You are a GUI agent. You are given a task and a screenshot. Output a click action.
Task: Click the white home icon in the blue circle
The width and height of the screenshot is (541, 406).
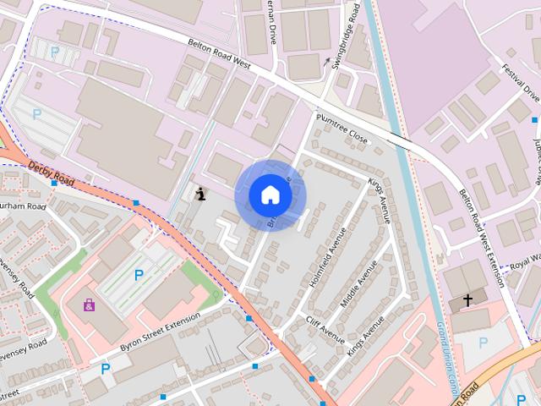270,195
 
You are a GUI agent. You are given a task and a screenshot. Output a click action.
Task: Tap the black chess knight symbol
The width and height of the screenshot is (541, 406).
200,194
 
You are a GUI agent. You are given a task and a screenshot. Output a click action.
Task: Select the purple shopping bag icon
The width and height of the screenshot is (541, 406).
89,304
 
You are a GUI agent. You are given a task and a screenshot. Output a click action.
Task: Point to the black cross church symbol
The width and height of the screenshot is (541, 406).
467,299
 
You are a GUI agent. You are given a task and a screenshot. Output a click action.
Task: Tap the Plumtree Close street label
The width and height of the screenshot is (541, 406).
342,128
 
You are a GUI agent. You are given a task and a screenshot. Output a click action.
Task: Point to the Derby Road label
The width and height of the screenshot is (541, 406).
51,173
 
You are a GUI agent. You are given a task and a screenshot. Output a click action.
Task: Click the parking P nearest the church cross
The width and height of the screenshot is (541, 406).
483,342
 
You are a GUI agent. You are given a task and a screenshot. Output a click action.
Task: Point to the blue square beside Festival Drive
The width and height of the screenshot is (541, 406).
534,120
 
